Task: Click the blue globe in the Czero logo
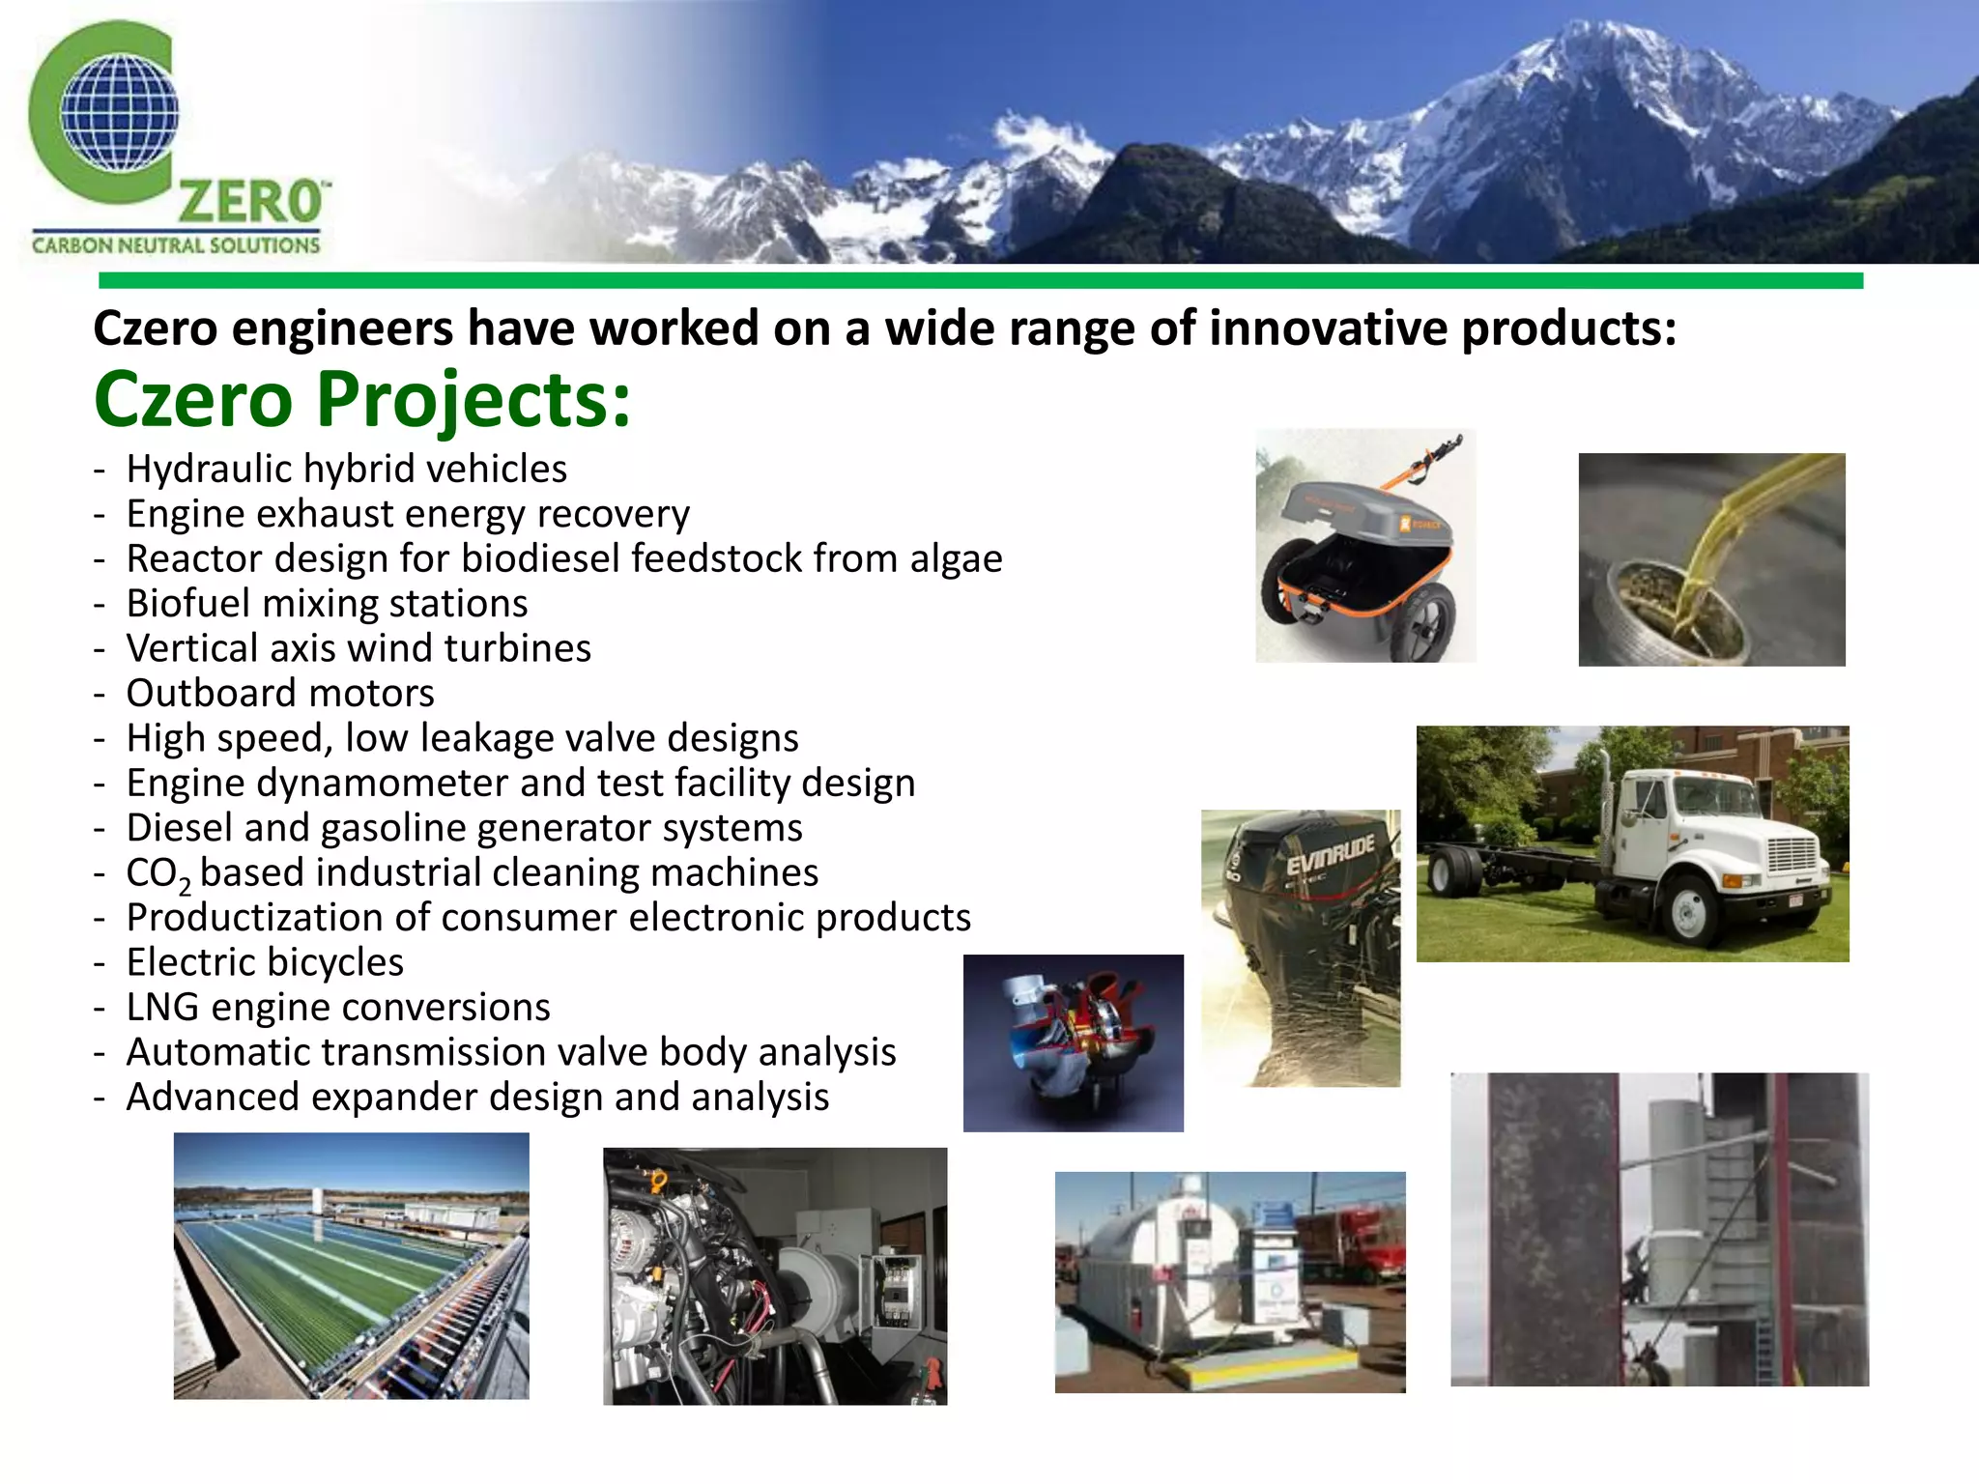[x=119, y=112]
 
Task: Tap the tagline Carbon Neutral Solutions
[x=176, y=245]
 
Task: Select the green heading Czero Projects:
[x=362, y=399]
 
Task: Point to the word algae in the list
[x=956, y=559]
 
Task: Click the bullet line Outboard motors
[x=280, y=694]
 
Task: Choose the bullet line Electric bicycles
[x=265, y=963]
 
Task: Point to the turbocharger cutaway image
[x=1073, y=1043]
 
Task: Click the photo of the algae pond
[x=351, y=1266]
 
